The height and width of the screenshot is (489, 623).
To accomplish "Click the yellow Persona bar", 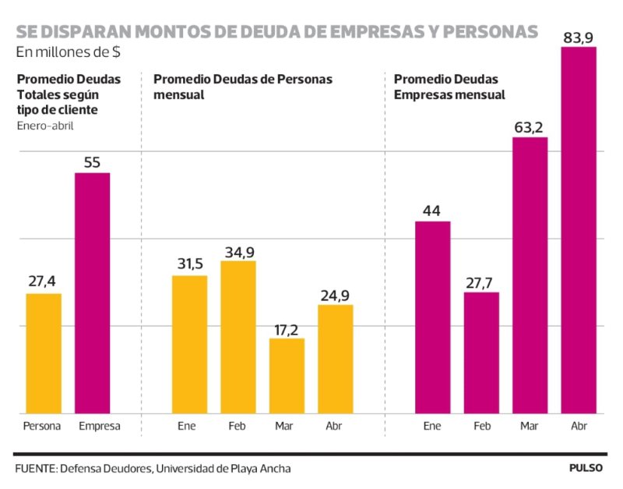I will click(x=44, y=353).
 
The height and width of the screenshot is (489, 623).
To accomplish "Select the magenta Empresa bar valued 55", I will click(x=92, y=292).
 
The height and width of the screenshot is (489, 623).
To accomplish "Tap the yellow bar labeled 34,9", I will click(x=238, y=337).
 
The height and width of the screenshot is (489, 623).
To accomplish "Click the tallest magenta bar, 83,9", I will click(x=579, y=230).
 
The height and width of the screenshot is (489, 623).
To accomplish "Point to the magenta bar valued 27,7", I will click(x=481, y=353).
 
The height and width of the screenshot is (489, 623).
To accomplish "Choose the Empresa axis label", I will click(x=100, y=426).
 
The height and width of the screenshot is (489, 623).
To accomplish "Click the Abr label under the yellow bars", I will click(x=335, y=426).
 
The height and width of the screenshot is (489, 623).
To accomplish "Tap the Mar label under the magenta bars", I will click(x=530, y=426).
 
